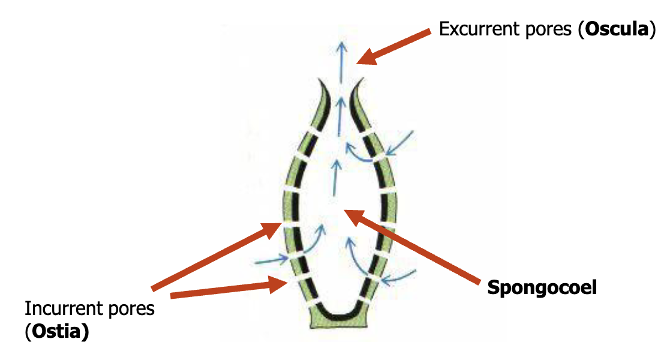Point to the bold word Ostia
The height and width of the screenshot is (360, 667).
tap(57, 332)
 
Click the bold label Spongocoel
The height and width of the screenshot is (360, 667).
tap(542, 287)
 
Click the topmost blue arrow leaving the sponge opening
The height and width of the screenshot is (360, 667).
tap(341, 60)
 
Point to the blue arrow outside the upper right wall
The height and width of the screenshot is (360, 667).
tap(400, 142)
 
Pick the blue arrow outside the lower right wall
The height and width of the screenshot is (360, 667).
tap(399, 277)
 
